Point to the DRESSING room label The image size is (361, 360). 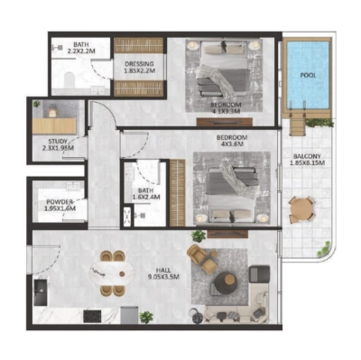pos(138,64)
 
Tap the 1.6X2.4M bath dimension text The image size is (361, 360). pos(145,198)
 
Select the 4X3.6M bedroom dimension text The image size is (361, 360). pos(232,145)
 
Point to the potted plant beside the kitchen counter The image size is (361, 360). pos(146,317)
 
